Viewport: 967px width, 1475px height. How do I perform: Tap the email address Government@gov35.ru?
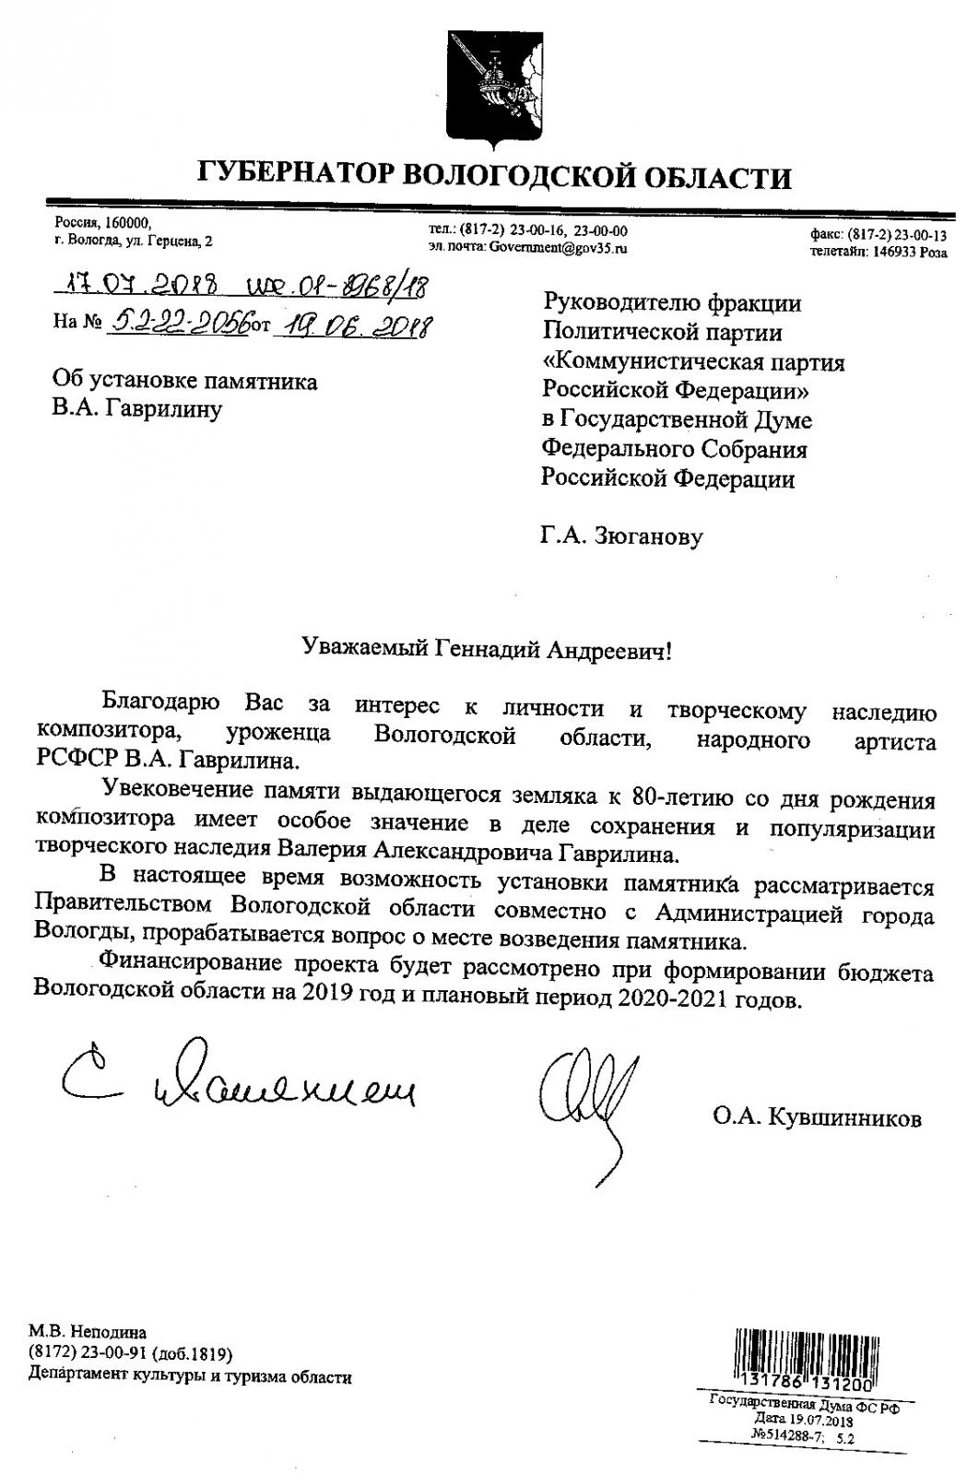click(559, 248)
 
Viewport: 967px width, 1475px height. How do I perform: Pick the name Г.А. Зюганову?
click(621, 536)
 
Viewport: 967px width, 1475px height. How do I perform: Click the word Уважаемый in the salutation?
click(363, 651)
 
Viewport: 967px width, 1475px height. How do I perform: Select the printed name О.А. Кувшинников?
click(816, 1119)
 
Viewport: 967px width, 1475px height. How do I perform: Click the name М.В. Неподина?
click(88, 1331)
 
